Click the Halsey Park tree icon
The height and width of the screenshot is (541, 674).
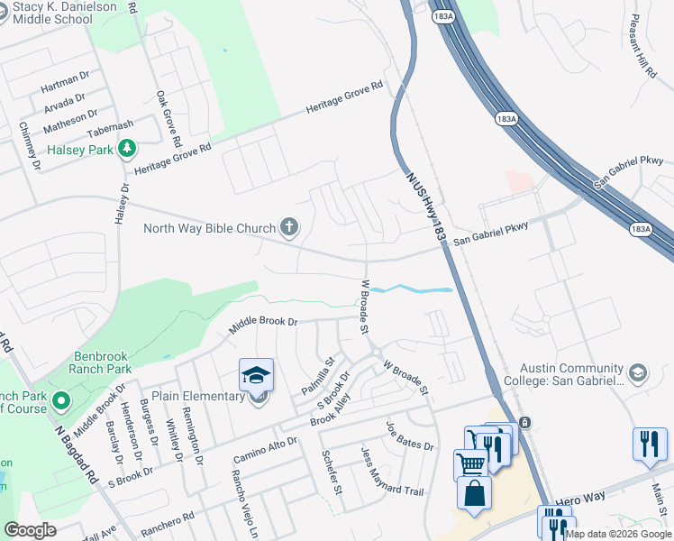point(128,148)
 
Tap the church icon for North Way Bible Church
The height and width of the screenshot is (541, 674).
point(288,227)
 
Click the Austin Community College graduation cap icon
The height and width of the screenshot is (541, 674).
point(638,372)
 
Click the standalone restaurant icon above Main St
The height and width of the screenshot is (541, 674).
point(650,445)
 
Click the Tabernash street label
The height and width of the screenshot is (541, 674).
point(110,125)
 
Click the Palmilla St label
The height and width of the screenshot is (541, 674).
point(318,375)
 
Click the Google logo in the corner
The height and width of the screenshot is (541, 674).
point(31,530)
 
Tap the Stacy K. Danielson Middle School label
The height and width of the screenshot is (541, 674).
point(59,14)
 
